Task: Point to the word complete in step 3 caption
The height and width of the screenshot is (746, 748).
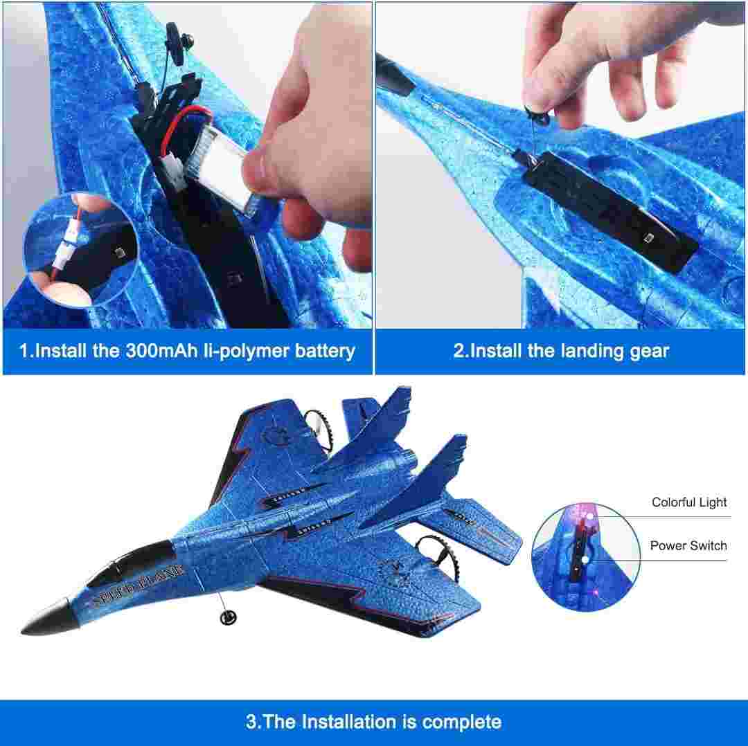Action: click(x=461, y=722)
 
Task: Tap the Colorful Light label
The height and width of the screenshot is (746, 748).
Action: click(x=689, y=502)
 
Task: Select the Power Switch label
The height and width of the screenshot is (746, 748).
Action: click(x=688, y=545)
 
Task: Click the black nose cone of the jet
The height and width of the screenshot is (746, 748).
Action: click(x=47, y=619)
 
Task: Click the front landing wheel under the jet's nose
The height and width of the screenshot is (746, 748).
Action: click(x=229, y=618)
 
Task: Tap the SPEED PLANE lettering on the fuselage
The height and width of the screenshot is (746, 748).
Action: click(x=138, y=584)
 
